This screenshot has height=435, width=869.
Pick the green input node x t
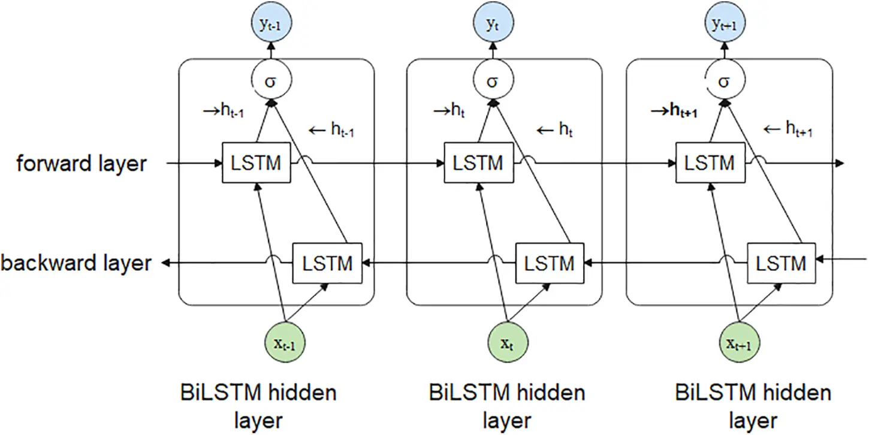coord(507,345)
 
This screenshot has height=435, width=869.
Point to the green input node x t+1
coord(738,345)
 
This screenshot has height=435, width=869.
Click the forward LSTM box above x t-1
coord(256,162)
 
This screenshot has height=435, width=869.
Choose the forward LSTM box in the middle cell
coord(478,162)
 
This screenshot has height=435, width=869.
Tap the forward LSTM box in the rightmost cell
coord(710,162)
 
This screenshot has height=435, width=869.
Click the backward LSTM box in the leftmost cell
coord(327,262)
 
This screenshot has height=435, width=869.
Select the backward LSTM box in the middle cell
coord(549,262)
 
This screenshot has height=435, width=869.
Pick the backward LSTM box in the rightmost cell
coord(780,262)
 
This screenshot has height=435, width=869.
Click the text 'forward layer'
coord(81,163)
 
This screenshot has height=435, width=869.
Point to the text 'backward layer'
coord(76,262)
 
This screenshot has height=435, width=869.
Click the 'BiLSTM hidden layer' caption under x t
coord(507,406)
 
